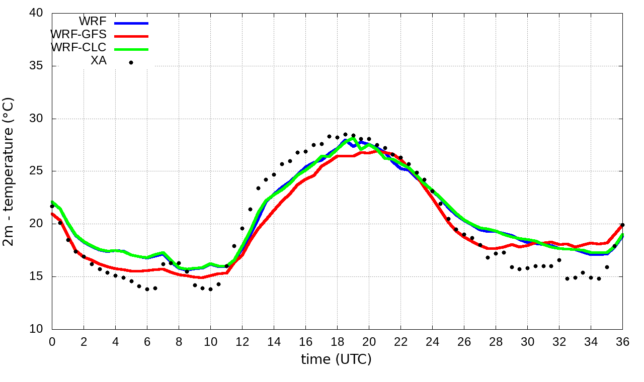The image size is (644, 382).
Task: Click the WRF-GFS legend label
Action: [x=78, y=35]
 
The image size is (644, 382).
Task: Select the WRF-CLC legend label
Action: [x=78, y=48]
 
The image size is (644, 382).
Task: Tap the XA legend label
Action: [x=98, y=62]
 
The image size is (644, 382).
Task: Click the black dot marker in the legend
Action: [x=131, y=62]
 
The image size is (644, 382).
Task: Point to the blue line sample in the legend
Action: [x=131, y=23]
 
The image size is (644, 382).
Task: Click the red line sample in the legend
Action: [x=131, y=36]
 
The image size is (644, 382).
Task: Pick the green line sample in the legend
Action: [x=131, y=49]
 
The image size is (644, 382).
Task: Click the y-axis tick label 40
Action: [x=36, y=13]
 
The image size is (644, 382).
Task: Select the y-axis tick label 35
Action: [x=36, y=66]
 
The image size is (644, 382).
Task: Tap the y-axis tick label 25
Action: [x=36, y=171]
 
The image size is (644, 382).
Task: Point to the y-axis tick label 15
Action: [x=36, y=276]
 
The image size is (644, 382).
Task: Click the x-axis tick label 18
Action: [x=337, y=342]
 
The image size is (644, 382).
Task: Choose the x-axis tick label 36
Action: [x=622, y=342]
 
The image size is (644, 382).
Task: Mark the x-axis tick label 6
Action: [x=147, y=342]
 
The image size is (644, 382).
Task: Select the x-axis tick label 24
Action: [x=432, y=342]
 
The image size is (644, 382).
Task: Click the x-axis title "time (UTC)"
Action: [x=336, y=359]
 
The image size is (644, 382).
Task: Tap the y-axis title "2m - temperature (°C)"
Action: [x=9, y=171]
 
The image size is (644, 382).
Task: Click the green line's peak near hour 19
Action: [x=353, y=139]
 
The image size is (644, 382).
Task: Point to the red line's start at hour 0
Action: [x=52, y=214]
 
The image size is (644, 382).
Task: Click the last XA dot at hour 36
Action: [x=622, y=225]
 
